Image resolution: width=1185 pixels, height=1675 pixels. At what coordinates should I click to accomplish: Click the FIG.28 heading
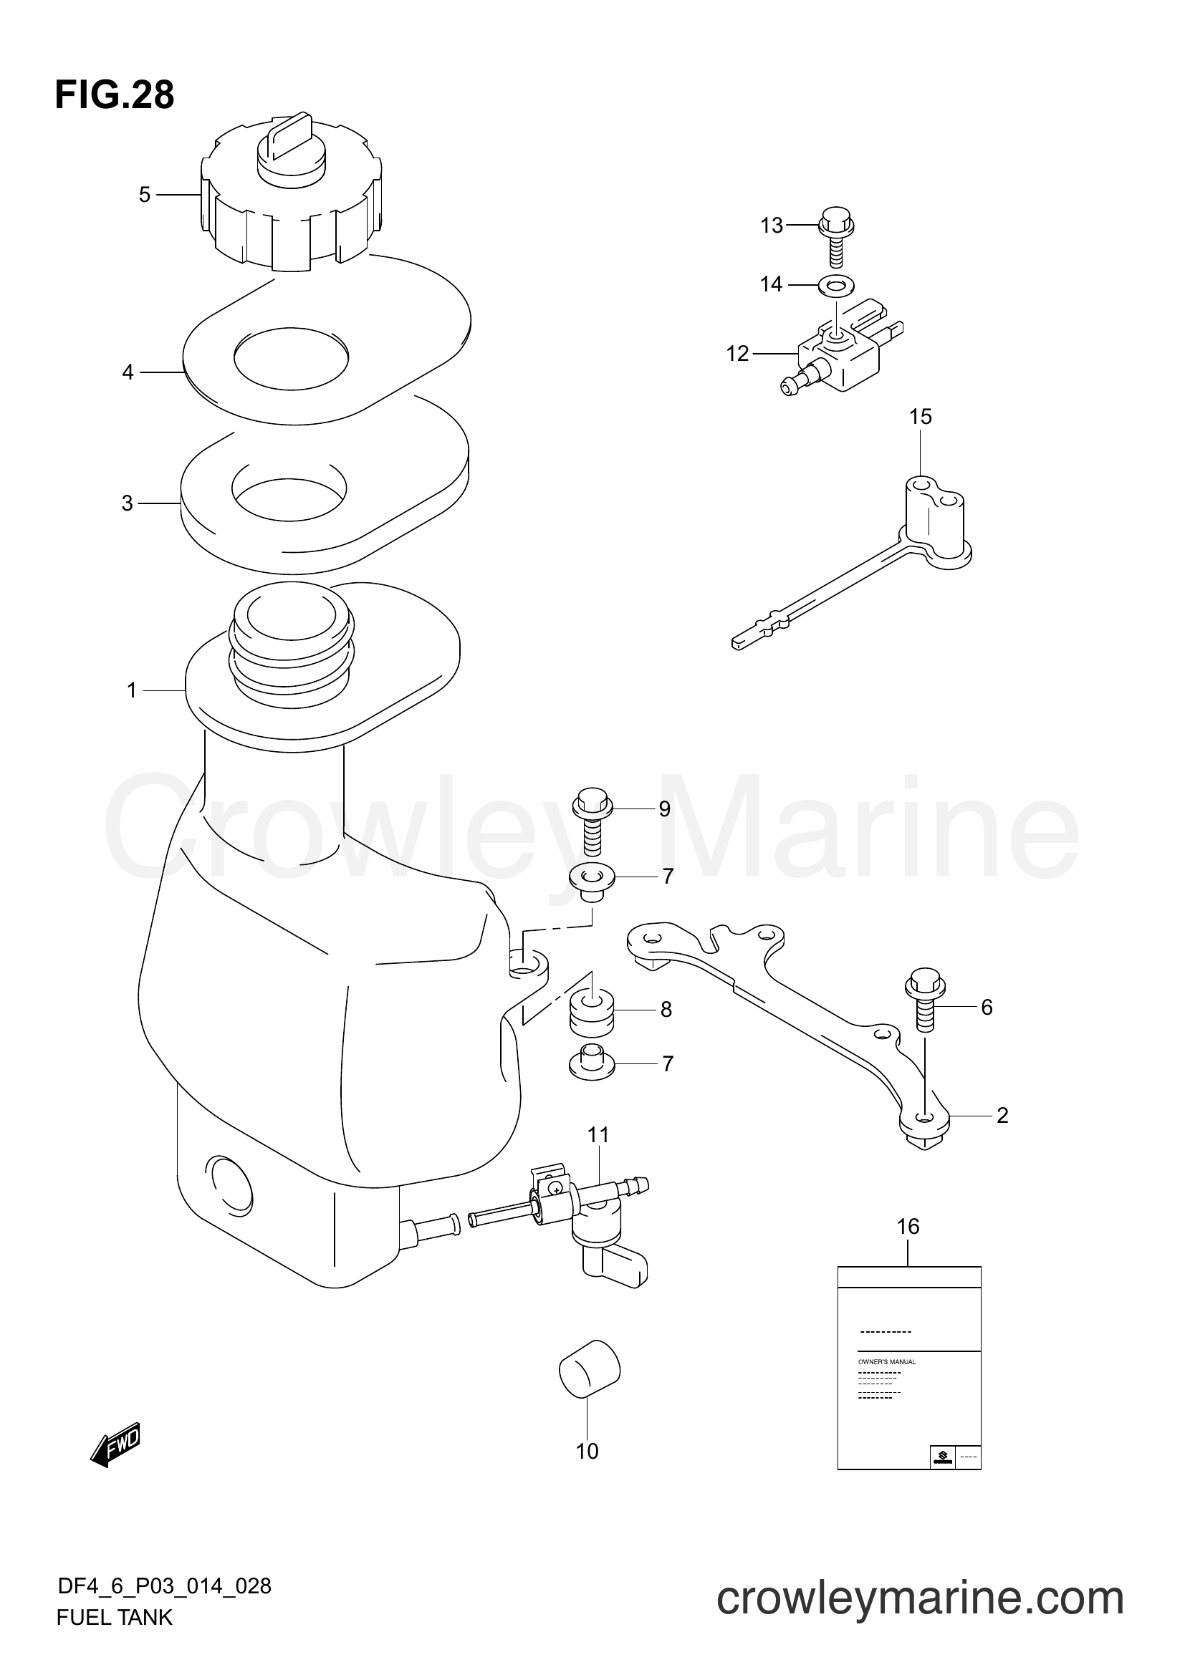(115, 95)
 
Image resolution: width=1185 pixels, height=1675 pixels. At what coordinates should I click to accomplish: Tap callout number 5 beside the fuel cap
(145, 195)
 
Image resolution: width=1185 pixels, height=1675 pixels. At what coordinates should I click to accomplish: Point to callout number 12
(738, 354)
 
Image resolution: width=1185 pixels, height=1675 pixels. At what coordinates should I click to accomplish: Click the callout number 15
(920, 417)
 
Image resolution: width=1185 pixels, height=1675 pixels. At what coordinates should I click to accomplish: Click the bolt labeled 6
(924, 1003)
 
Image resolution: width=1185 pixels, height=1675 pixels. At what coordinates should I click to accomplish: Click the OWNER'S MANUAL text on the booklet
(886, 1362)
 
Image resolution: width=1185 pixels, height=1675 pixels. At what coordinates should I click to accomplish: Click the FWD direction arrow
(115, 1445)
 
